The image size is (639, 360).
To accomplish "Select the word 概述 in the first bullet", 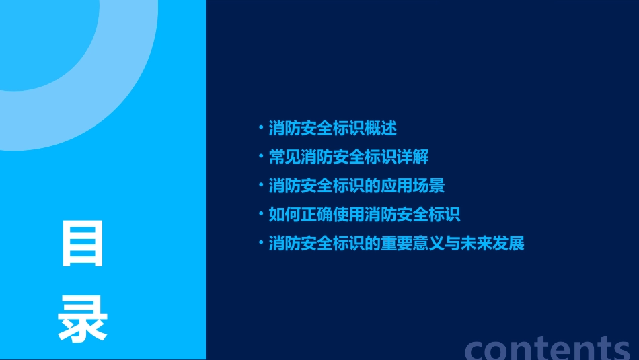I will click(x=381, y=128).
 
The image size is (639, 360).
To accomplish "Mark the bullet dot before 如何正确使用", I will click(x=261, y=214).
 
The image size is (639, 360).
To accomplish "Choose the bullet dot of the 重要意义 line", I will click(x=261, y=242).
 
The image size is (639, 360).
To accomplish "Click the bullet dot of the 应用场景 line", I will click(x=261, y=185).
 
